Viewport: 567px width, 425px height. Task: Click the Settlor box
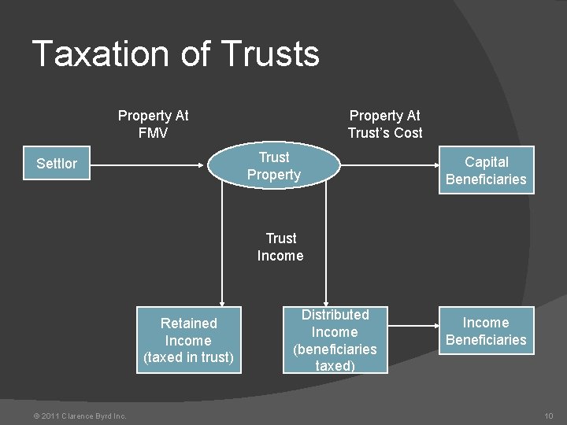coord(57,164)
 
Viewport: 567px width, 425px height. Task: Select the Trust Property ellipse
coord(274,166)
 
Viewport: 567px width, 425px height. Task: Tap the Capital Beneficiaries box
coord(485,170)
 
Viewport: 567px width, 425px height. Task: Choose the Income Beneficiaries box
coord(485,331)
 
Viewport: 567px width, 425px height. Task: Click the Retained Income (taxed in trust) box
coord(188,340)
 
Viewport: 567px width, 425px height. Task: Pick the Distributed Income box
coord(335,340)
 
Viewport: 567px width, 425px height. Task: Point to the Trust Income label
coord(280,246)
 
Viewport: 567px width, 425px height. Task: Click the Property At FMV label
coord(153,124)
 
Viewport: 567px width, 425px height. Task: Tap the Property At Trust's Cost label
coord(385,124)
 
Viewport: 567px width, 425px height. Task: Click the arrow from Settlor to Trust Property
coord(150,164)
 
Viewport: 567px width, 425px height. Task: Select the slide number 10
coord(549,416)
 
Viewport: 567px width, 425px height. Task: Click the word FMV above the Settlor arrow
coord(153,133)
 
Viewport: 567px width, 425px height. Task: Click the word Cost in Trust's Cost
coord(407,133)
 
